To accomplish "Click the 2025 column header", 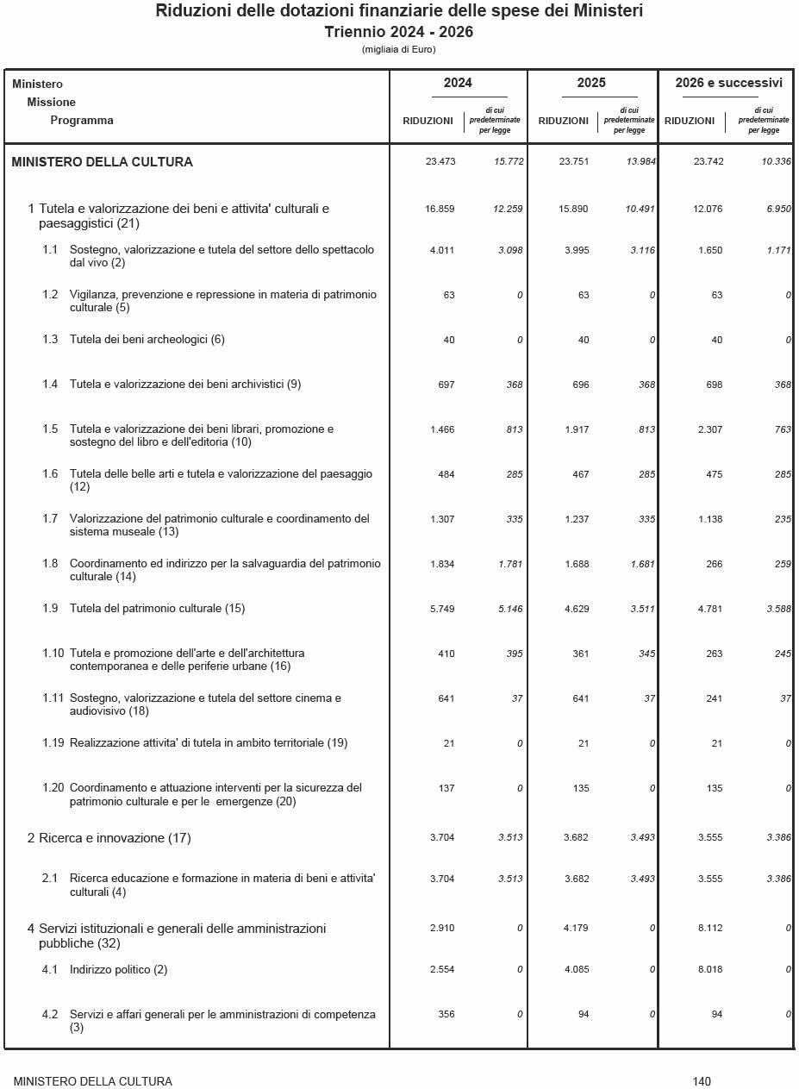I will coord(591,84).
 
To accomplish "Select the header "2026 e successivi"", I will coord(728,84).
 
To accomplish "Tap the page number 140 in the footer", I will coord(702,1081).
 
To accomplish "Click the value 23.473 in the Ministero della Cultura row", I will coord(440,162).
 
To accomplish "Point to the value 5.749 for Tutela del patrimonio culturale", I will coord(441,610).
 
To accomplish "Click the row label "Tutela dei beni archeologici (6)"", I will coord(147,340).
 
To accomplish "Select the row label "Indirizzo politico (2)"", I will coord(118,970).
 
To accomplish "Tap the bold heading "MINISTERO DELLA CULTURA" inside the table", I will coord(103,162).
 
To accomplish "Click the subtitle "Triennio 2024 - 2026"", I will coord(399,32).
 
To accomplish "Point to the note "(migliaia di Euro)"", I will coord(399,49).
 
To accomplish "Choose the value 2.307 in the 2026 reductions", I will coord(710,429).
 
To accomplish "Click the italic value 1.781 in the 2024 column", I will coord(510,565).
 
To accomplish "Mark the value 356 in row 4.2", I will coord(446,1015).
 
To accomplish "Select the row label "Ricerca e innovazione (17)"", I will coord(115,838).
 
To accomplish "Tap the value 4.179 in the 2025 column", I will coord(576,929).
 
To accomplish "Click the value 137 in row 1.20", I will coord(446,788).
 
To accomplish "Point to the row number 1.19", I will coord(53,743).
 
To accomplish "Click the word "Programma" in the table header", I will coord(82,121).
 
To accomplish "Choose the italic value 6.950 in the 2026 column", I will coord(778,210).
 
